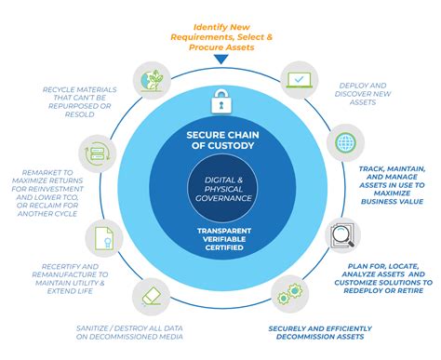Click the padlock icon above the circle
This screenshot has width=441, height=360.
220,99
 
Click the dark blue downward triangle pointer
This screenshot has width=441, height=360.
220,60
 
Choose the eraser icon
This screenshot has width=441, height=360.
153,295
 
